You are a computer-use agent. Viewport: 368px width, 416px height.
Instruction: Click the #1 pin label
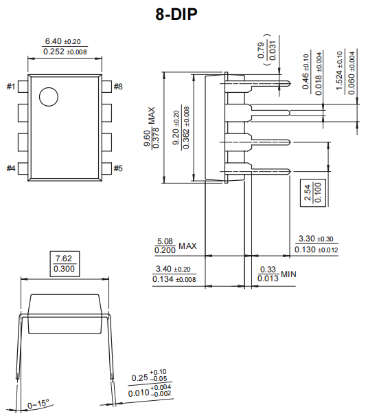12,87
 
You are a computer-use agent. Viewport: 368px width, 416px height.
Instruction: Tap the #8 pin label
118,87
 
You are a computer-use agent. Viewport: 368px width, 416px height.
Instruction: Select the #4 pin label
12,168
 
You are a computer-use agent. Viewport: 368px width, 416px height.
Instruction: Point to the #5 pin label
118,168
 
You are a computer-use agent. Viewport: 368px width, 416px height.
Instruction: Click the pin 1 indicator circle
48,98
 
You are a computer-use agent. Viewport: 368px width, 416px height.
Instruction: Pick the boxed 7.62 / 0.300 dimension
66,263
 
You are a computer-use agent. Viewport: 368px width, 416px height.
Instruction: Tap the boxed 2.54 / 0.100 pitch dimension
313,192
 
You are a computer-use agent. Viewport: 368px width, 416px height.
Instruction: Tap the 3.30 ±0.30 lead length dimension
316,244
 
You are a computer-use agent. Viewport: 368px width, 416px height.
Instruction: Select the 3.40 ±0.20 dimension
174,274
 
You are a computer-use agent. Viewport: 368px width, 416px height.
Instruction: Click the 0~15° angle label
38,404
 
